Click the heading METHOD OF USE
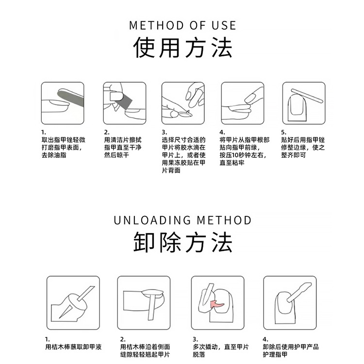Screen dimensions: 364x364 point(182,25)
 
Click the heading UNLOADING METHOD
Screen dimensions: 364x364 point(182,220)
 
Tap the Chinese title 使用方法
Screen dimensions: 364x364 point(182,48)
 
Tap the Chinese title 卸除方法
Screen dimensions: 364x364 point(182,242)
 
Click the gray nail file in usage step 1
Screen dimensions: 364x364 point(70,98)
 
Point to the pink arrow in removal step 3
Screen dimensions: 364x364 point(216,304)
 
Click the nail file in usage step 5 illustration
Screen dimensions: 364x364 point(307,96)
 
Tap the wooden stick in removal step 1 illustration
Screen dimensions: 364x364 point(85,294)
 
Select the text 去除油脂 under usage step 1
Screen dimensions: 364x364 point(54,155)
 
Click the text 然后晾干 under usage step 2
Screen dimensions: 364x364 point(116,155)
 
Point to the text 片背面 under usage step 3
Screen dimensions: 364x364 point(171,170)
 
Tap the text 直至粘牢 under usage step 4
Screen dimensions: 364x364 point(232,163)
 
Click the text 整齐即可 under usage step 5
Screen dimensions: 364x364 point(294,155)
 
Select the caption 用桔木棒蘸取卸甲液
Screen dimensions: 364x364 point(73,347)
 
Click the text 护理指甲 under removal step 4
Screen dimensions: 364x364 point(275,354)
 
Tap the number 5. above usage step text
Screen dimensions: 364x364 point(284,132)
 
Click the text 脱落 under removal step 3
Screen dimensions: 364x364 point(199,354)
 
